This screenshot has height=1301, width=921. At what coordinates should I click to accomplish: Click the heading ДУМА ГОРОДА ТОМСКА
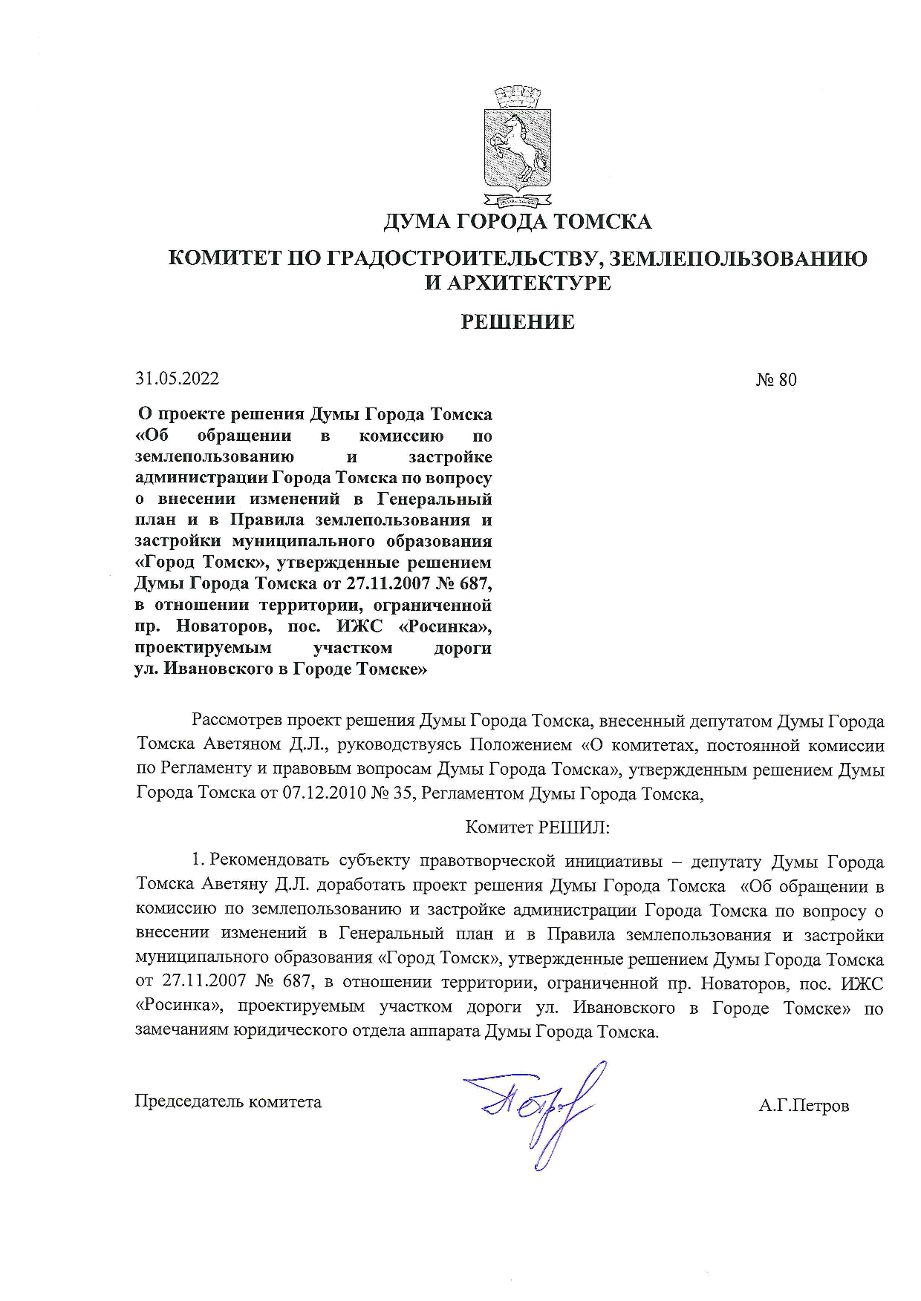(x=518, y=221)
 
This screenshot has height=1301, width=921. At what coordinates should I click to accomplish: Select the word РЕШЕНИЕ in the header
(x=518, y=322)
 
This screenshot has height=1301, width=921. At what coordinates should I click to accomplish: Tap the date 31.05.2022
(x=177, y=378)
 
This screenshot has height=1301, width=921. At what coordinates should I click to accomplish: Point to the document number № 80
(x=776, y=380)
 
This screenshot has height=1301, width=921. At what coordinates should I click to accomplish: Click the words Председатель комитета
(x=228, y=1101)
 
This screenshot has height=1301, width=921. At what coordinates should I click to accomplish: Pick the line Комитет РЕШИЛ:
(x=537, y=827)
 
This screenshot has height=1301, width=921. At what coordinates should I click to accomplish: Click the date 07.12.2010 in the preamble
(x=324, y=793)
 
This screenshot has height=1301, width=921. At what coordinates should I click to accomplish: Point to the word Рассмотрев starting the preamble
(x=237, y=721)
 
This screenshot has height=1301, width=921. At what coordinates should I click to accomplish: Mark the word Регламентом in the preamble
(x=472, y=793)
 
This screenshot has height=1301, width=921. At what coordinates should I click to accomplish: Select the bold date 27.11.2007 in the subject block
(x=391, y=584)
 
